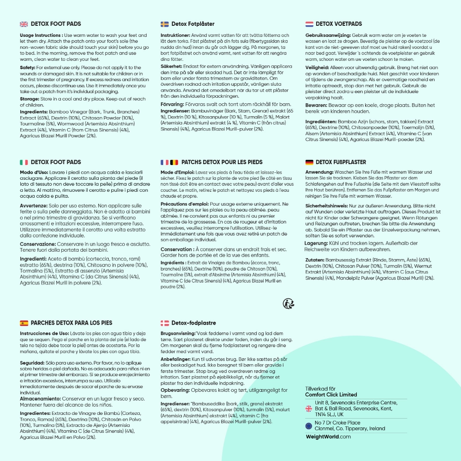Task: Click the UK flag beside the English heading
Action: [x=24, y=24]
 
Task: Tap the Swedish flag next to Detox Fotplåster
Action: [x=165, y=24]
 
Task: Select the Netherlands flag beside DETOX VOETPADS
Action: [x=309, y=24]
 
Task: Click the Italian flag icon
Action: [x=24, y=162]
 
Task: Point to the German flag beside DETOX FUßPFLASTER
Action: [x=309, y=162]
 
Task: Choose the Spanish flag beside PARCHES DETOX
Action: [x=24, y=323]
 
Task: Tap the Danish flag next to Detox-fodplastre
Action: [x=165, y=323]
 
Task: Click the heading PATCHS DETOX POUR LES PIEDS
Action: [x=222, y=162]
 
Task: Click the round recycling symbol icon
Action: [x=289, y=303]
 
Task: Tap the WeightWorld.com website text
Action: [x=328, y=437]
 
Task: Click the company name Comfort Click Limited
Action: [x=331, y=395]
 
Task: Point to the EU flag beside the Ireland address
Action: [x=309, y=426]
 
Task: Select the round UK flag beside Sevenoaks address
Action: [x=309, y=408]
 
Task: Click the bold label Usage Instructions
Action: [x=41, y=35]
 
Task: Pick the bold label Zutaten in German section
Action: [x=316, y=260]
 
